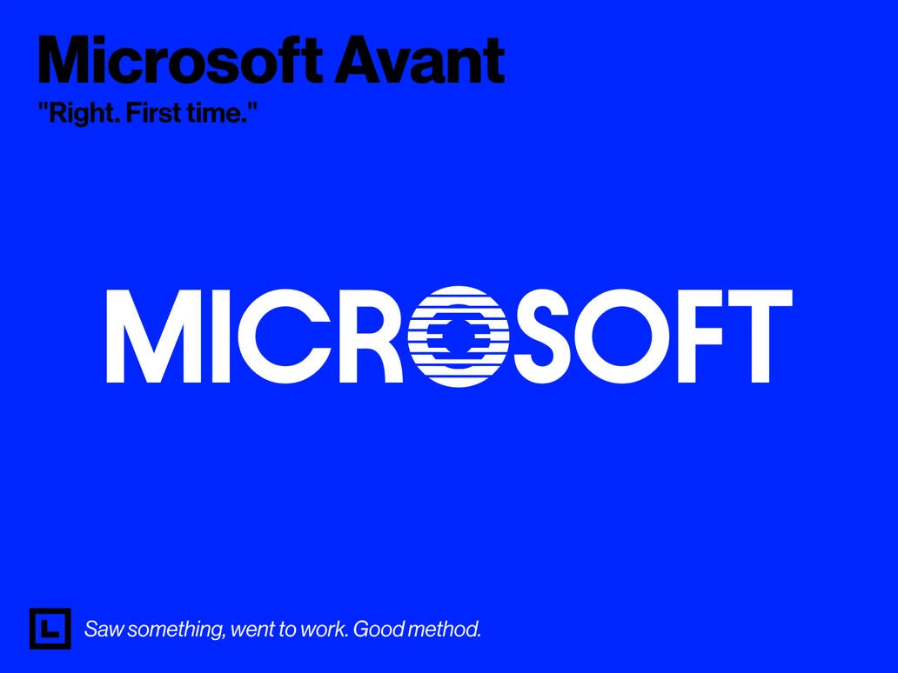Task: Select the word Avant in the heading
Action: click(419, 60)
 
